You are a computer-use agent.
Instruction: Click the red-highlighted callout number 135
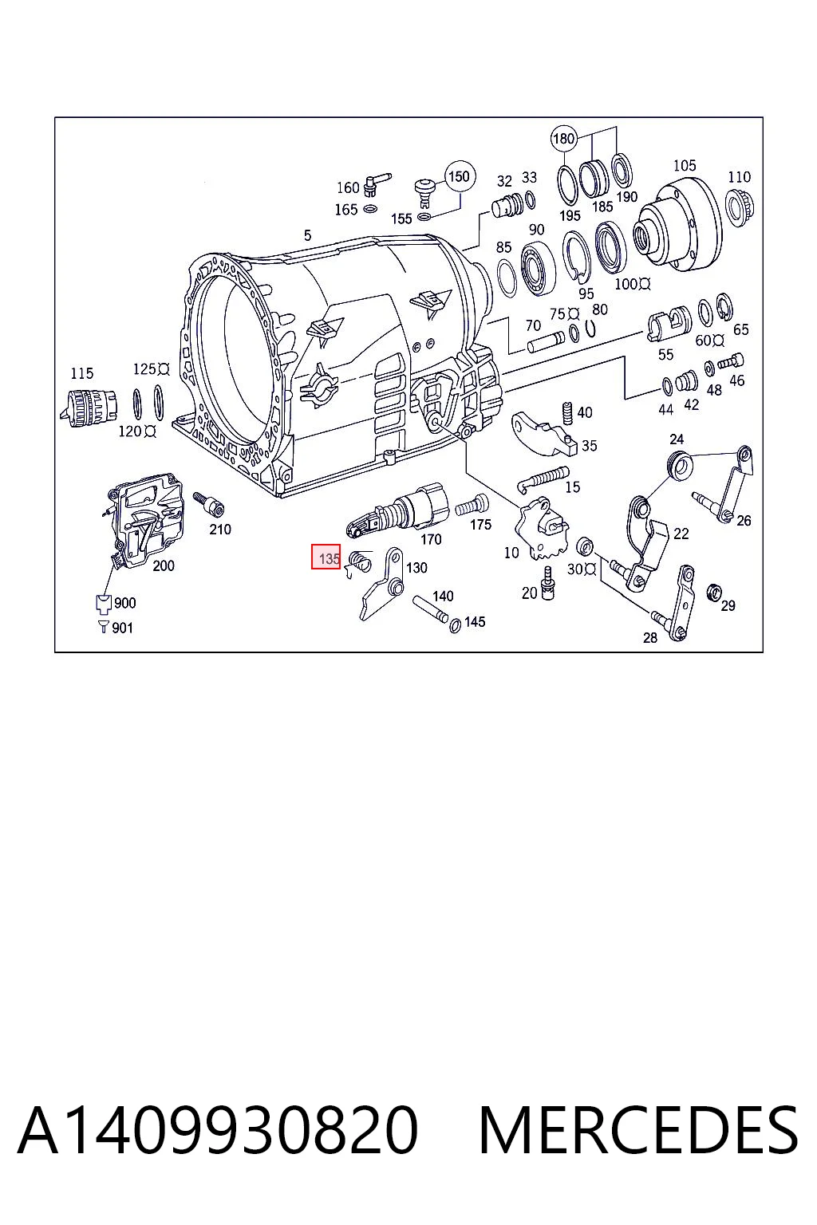(330, 559)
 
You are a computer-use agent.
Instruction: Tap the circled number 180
(563, 139)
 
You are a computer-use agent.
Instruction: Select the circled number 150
(460, 176)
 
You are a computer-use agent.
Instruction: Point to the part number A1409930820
(218, 1130)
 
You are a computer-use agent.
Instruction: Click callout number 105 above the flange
(685, 165)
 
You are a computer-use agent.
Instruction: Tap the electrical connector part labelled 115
(88, 408)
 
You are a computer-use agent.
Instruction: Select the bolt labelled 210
(208, 504)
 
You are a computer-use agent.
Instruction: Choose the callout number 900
(125, 603)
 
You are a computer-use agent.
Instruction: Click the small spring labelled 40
(567, 412)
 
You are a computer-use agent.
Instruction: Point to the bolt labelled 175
(473, 504)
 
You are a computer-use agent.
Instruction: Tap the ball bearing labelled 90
(538, 269)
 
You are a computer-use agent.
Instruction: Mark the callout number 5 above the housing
(307, 235)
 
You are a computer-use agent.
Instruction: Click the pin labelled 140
(432, 609)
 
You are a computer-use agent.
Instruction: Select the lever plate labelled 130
(383, 585)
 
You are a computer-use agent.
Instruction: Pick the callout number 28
(650, 638)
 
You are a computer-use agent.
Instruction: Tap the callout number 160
(348, 187)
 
